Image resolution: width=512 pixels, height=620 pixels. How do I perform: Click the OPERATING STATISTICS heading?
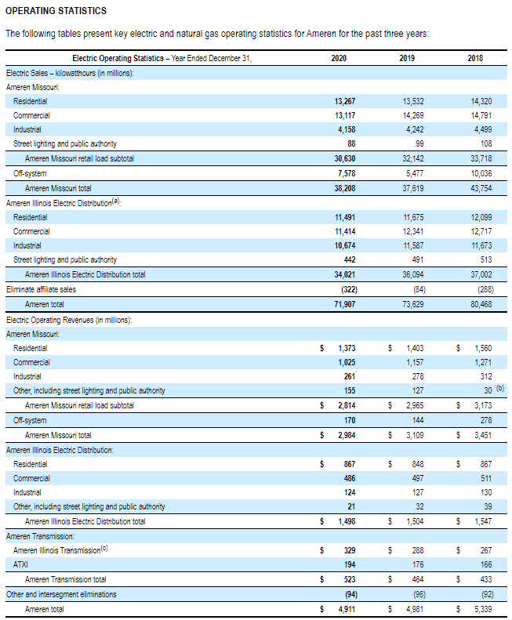coord(56,11)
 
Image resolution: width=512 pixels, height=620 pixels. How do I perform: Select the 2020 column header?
coord(339,58)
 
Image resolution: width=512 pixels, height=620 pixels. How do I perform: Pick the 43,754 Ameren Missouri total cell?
coord(480,188)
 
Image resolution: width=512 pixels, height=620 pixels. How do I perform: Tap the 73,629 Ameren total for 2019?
coord(412,304)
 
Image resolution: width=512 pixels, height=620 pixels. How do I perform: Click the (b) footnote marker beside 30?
coord(500,388)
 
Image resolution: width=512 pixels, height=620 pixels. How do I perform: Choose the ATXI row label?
coord(21,565)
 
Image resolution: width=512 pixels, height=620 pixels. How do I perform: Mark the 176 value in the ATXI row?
coord(416,565)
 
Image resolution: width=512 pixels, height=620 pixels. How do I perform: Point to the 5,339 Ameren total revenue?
coord(482,608)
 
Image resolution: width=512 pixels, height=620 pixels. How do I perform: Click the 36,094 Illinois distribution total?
coord(412,274)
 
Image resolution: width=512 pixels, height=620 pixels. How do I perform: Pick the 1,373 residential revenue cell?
coord(347,347)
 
